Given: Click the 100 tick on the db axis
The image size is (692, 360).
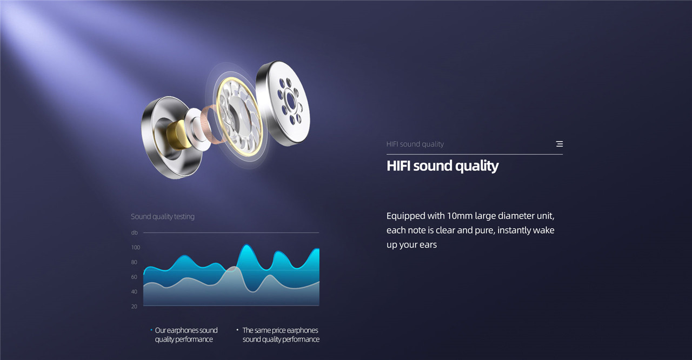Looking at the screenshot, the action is [x=135, y=248].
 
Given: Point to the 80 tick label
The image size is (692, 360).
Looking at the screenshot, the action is [x=134, y=262].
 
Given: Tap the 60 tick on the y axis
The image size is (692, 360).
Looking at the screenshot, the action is [x=134, y=277].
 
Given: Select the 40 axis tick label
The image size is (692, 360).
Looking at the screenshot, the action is [x=134, y=292].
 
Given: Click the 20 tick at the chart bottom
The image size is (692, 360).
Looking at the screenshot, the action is [x=134, y=306].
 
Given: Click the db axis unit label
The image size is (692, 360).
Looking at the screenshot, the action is [x=135, y=233].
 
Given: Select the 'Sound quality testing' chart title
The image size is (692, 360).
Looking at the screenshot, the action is [x=163, y=217].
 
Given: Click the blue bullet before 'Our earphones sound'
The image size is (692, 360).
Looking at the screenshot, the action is [x=151, y=330].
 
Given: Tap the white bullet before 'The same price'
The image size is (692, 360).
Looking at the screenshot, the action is [x=237, y=330].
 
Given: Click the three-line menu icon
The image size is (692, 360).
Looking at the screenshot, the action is [x=560, y=144].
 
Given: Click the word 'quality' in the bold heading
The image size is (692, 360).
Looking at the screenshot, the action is [x=477, y=166].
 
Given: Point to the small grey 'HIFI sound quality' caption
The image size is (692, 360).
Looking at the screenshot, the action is [x=415, y=144].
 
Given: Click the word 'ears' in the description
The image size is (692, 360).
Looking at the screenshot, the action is [x=428, y=245].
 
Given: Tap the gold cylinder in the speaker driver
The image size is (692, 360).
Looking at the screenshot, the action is [x=177, y=134].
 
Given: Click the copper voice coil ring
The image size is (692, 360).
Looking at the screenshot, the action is [x=212, y=124].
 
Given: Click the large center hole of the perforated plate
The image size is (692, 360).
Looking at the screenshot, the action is [x=291, y=99].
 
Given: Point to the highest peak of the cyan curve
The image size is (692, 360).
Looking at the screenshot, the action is [x=246, y=245].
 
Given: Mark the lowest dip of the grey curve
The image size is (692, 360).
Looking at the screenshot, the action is [x=254, y=291].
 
